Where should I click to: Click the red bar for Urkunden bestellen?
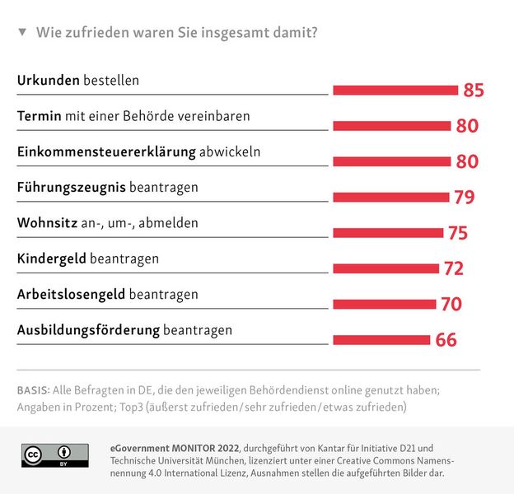(395, 90)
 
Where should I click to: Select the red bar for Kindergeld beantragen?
(385, 268)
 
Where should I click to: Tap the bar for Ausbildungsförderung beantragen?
(381, 339)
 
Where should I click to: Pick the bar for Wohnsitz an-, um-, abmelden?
(388, 233)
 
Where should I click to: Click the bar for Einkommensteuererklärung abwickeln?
(392, 161)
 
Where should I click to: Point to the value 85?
(474, 91)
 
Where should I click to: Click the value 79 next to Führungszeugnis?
(464, 198)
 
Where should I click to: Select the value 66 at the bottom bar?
(446, 340)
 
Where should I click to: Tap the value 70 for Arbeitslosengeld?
(451, 305)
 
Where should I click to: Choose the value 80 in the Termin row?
(467, 126)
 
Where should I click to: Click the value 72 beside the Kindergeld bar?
(453, 269)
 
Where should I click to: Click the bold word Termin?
(39, 116)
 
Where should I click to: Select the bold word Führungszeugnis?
(71, 188)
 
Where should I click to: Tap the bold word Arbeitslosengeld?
(71, 294)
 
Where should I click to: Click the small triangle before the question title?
(22, 33)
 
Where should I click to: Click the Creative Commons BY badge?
(54, 455)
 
